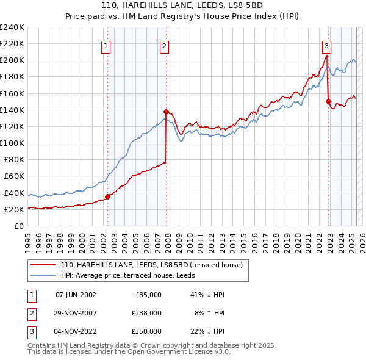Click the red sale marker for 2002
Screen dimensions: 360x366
pos(107,196)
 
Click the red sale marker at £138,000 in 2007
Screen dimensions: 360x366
pos(166,112)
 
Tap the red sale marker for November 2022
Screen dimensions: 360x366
pos(328,101)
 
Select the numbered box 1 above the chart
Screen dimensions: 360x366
pos(106,45)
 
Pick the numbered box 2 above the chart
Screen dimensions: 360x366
pos(165,45)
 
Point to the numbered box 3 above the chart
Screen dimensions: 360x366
pos(327,45)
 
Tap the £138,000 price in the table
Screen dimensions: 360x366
pos(147,313)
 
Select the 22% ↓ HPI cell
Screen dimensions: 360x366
pos(207,331)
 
